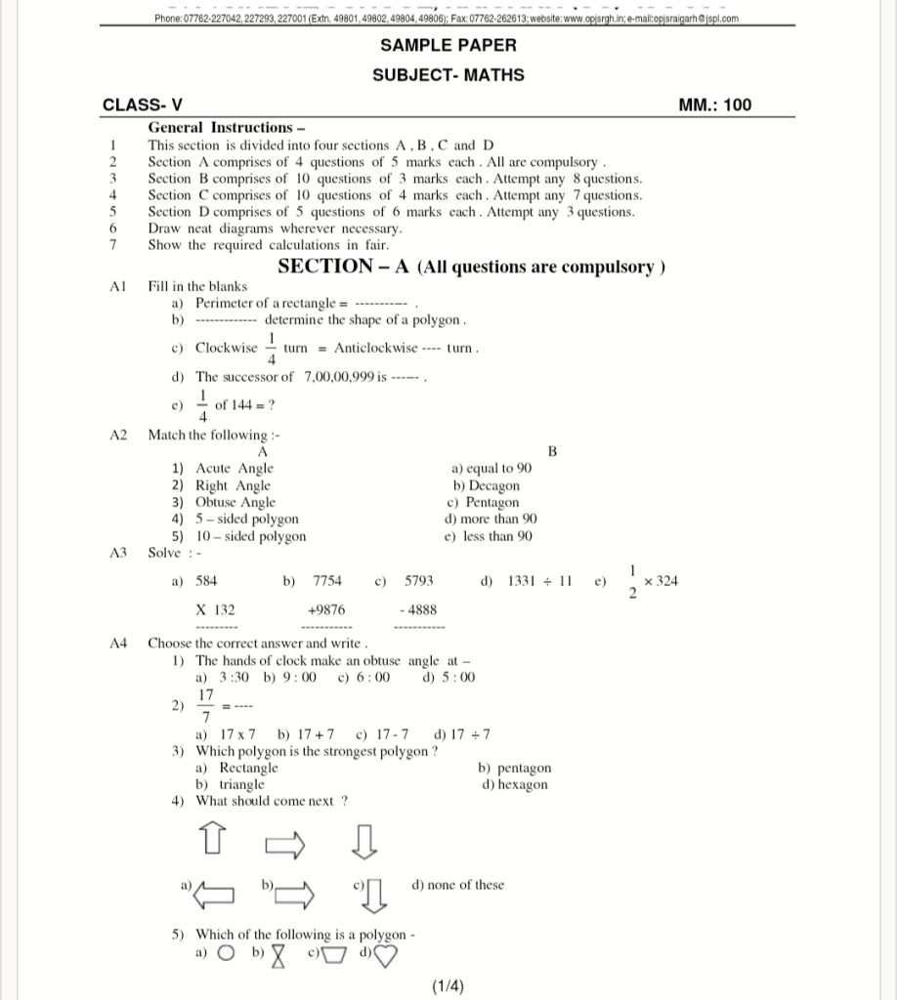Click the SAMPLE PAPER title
(448, 45)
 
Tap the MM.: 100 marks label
(714, 105)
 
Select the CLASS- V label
(143, 105)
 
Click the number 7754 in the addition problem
(327, 581)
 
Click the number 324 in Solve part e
(667, 581)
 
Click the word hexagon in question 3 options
(522, 784)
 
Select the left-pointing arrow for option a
(215, 892)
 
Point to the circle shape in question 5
(226, 954)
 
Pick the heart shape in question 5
(386, 955)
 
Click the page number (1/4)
(448, 986)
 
